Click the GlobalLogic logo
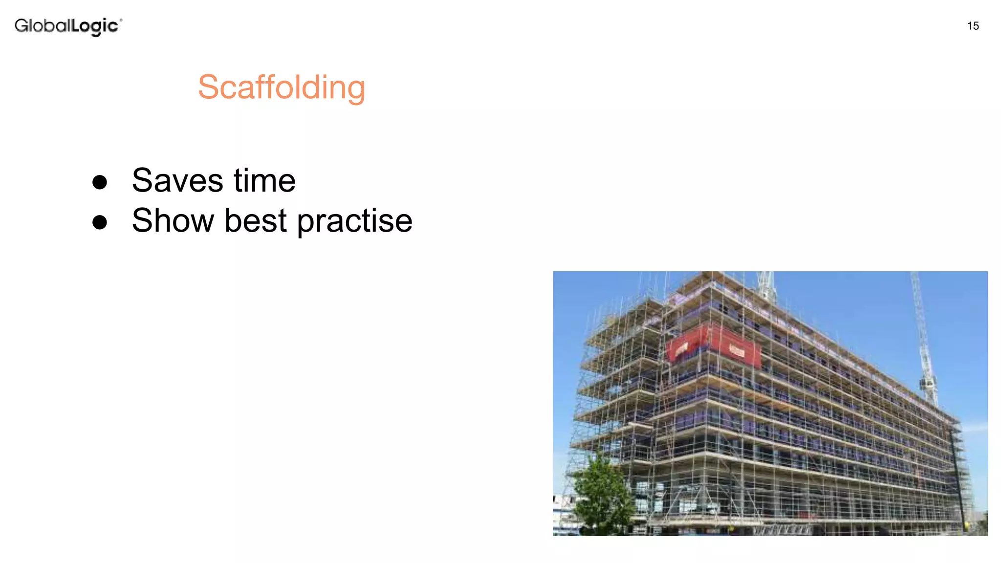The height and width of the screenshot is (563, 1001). click(x=68, y=26)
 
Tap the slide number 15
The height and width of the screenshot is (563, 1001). click(x=973, y=26)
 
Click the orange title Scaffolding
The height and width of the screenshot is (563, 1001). click(x=282, y=87)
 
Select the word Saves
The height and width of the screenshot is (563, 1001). click(x=177, y=180)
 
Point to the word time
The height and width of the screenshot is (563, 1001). click(x=264, y=180)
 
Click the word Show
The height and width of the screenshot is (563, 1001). click(x=173, y=220)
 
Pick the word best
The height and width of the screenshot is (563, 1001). click(x=255, y=220)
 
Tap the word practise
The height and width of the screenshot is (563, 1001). click(x=354, y=221)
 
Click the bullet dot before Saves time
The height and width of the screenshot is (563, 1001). click(x=100, y=182)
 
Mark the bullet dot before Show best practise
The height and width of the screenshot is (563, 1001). click(x=100, y=222)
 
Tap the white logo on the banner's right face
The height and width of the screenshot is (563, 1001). click(x=737, y=350)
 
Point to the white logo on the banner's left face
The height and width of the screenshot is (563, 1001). click(x=681, y=348)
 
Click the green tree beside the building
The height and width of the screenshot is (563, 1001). click(x=602, y=494)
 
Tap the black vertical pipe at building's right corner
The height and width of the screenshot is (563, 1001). click(x=957, y=469)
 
